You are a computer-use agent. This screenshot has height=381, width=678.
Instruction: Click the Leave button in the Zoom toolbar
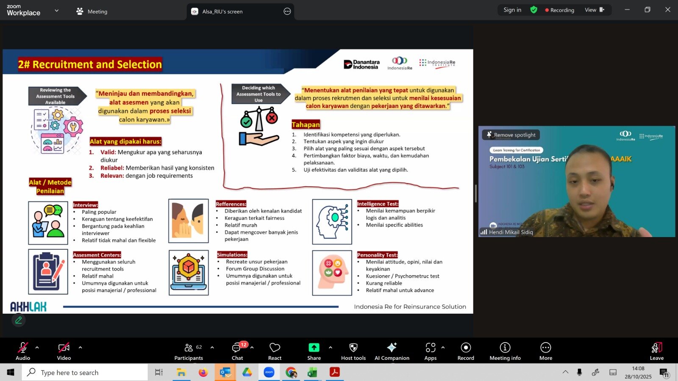pyautogui.click(x=656, y=351)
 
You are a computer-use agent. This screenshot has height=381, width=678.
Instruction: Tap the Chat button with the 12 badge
pyautogui.click(x=237, y=351)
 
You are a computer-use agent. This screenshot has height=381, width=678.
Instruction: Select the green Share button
pyautogui.click(x=314, y=351)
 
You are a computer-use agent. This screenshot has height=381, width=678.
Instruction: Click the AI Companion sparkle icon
pyautogui.click(x=392, y=348)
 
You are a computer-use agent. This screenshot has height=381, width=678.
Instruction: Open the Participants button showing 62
pyautogui.click(x=189, y=351)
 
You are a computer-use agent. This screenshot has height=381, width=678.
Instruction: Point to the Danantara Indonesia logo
pyautogui.click(x=361, y=64)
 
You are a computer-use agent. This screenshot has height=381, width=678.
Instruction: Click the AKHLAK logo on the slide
pyautogui.click(x=28, y=306)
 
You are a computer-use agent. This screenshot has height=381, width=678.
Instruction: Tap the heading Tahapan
pyautogui.click(x=306, y=124)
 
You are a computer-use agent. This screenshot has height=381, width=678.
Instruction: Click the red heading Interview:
pyautogui.click(x=85, y=205)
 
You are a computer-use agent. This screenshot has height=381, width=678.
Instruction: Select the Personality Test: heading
pyautogui.click(x=378, y=255)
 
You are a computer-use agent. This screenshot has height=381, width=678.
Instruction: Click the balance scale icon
pyautogui.click(x=259, y=126)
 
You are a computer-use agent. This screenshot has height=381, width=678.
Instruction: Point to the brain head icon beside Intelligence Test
pyautogui.click(x=332, y=222)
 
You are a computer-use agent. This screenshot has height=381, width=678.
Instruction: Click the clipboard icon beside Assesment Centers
pyautogui.click(x=48, y=271)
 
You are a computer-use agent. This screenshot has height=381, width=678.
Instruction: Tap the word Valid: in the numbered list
pyautogui.click(x=108, y=152)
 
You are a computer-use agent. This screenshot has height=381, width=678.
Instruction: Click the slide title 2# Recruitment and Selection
pyautogui.click(x=90, y=64)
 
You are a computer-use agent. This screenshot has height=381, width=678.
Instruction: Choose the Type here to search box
pyautogui.click(x=85, y=372)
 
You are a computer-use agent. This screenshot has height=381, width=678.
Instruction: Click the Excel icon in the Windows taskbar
pyautogui.click(x=312, y=372)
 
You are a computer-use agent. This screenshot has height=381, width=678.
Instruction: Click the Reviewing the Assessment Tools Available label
pyautogui.click(x=56, y=96)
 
